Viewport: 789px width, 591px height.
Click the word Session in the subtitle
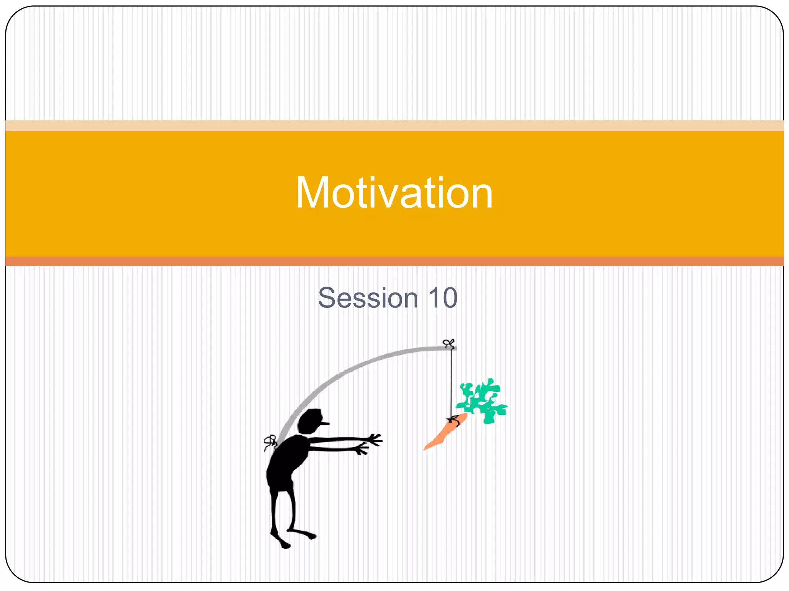[x=368, y=298]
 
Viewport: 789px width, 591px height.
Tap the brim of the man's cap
[x=324, y=423]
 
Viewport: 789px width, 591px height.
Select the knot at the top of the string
[x=449, y=343]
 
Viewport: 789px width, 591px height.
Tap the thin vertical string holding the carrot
[x=451, y=385]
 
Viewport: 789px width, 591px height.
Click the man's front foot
[x=308, y=535]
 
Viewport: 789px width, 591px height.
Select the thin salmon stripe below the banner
[x=394, y=261]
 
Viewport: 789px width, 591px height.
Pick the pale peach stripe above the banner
[x=394, y=125]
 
